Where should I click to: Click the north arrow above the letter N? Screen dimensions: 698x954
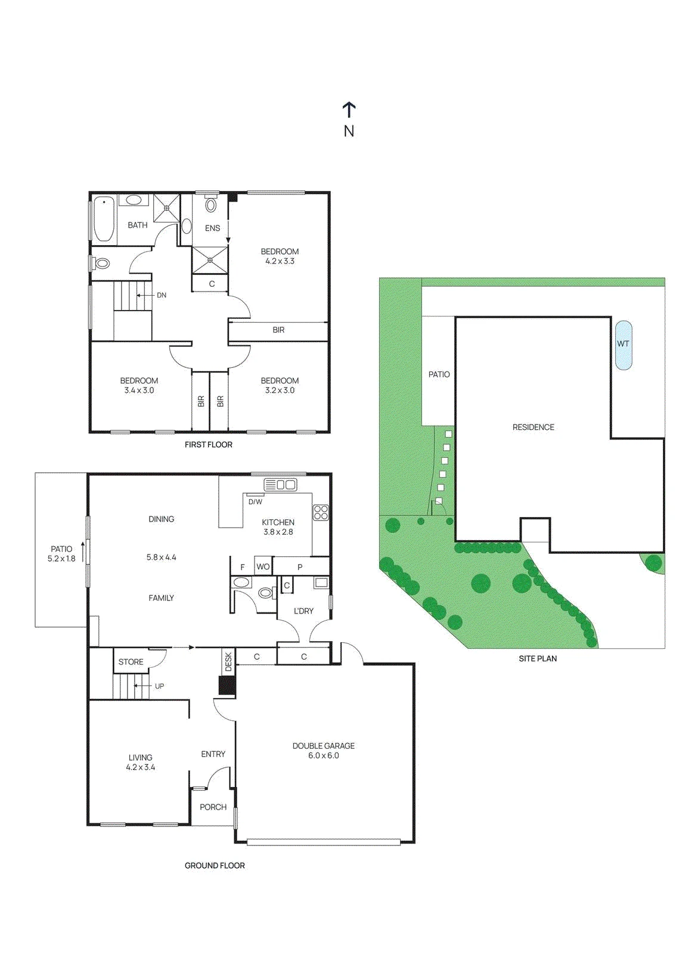click(349, 110)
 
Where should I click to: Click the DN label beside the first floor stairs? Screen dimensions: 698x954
click(162, 295)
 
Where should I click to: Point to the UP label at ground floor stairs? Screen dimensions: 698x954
click(159, 686)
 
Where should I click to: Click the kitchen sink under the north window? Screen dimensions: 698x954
click(280, 484)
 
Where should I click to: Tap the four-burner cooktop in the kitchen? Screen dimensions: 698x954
click(321, 512)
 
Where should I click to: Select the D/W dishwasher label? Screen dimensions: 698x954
click(256, 501)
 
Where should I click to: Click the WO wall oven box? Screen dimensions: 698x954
click(263, 566)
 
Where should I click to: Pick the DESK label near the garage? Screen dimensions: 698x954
click(228, 662)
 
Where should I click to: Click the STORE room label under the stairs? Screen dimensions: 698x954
click(131, 662)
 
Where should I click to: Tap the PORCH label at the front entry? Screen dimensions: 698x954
click(213, 807)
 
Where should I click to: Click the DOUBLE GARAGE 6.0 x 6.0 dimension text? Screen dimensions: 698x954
click(324, 755)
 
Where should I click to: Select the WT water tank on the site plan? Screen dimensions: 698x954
click(623, 344)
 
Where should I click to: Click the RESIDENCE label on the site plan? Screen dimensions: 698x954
click(533, 427)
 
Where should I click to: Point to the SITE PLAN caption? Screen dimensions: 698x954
click(538, 658)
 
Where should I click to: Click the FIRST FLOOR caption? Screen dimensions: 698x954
click(208, 445)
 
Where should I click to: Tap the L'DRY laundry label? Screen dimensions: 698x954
click(303, 611)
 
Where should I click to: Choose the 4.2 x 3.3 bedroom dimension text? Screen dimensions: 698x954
click(280, 261)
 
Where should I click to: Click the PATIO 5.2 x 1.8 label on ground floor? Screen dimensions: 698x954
click(61, 554)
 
